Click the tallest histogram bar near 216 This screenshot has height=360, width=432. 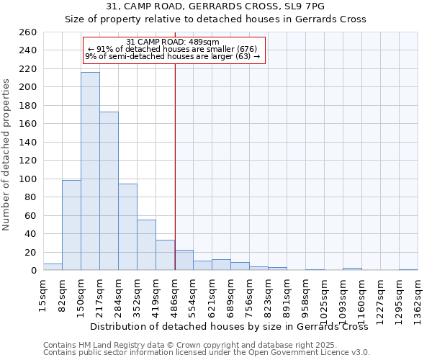click(90, 171)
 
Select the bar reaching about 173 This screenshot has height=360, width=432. click(109, 191)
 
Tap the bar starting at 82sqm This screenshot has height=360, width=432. click(71, 225)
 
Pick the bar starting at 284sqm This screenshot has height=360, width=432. click(127, 227)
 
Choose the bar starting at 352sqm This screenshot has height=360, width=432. click(146, 245)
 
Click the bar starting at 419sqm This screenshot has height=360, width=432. click(165, 255)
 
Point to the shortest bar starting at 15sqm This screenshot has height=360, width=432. click(53, 267)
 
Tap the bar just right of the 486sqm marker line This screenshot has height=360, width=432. click(184, 260)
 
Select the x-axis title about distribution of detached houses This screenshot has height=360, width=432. click(230, 326)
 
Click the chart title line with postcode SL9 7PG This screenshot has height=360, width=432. click(215, 6)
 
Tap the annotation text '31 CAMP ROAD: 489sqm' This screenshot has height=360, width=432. click(173, 42)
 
